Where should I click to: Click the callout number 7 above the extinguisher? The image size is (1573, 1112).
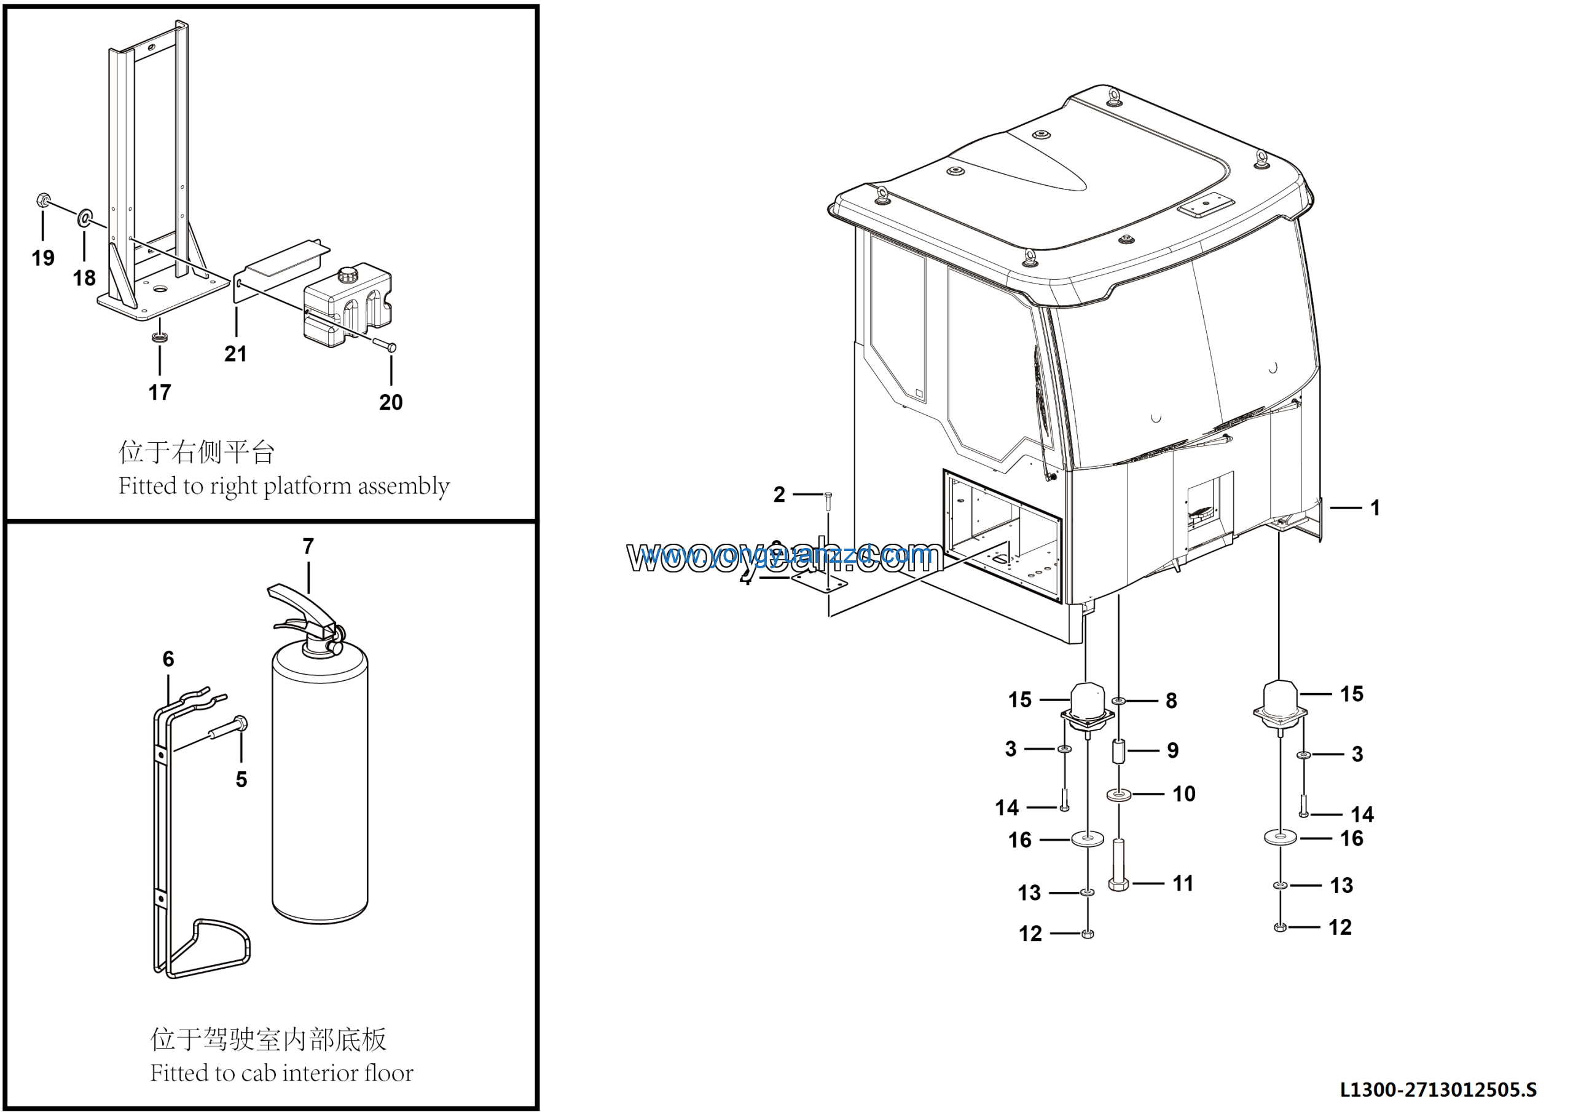[308, 546]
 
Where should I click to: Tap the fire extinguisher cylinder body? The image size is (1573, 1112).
[320, 788]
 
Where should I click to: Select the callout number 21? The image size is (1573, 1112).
[236, 354]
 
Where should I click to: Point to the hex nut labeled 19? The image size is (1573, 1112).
[42, 201]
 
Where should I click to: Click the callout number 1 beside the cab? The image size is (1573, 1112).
[1375, 508]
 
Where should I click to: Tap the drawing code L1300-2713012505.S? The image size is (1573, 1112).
[1437, 1089]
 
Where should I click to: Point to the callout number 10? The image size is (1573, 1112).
[1183, 794]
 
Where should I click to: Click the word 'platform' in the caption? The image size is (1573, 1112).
[307, 486]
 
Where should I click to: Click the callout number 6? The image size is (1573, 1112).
[168, 659]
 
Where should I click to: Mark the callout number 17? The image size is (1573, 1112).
[160, 393]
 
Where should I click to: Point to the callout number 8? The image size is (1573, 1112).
[1171, 701]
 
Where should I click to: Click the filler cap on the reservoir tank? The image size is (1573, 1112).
[347, 275]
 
